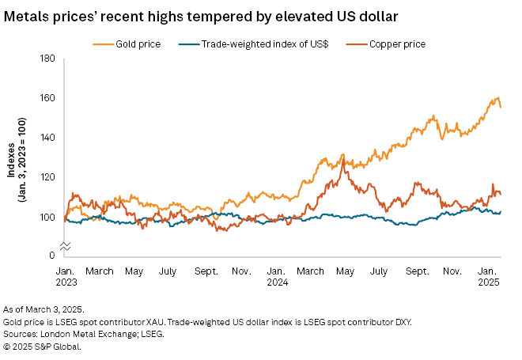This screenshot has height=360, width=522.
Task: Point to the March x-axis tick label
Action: pos(100,271)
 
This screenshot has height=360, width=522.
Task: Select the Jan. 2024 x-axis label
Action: pos(277,276)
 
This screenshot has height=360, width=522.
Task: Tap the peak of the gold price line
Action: pos(497,98)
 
